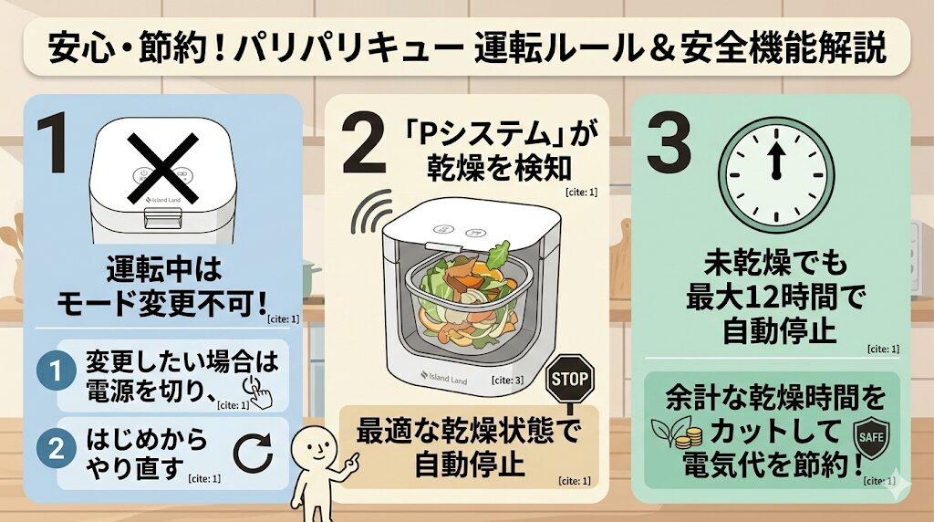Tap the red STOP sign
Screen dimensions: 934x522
point(570,379)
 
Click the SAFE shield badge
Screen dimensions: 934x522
point(871,438)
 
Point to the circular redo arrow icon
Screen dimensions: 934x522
point(253,453)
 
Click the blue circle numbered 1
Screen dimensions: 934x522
point(56,371)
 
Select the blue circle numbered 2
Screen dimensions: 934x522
point(56,448)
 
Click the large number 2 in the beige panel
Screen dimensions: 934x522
point(365,143)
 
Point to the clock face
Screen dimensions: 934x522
point(776,175)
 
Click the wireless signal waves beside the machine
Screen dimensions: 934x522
point(371,213)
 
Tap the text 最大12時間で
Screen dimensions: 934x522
point(775,297)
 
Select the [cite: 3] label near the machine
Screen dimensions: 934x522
point(507,380)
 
